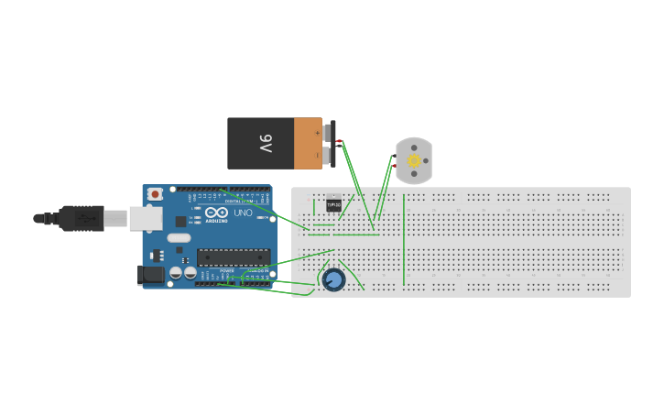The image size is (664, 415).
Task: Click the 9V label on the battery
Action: pyautogui.click(x=266, y=144)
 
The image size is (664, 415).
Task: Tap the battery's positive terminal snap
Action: pyautogui.click(x=326, y=133)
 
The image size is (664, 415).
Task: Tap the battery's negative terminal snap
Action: pyautogui.click(x=326, y=155)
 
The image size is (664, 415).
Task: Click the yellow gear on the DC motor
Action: pyautogui.click(x=414, y=161)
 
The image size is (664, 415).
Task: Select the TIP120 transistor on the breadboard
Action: pyautogui.click(x=333, y=205)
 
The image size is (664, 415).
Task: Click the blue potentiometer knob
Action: pyautogui.click(x=333, y=279)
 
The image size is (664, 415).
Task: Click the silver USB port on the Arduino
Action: pyautogui.click(x=145, y=218)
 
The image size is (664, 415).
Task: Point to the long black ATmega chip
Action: pyautogui.click(x=234, y=257)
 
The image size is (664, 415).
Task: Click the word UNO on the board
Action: pyautogui.click(x=243, y=213)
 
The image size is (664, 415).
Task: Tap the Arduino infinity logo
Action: pyautogui.click(x=217, y=213)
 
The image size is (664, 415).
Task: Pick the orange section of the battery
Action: pyautogui.click(x=308, y=144)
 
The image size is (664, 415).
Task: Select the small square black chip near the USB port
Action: pyautogui.click(x=180, y=222)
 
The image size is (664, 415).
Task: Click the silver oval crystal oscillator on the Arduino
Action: pyautogui.click(x=179, y=237)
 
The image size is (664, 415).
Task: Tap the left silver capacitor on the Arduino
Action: pyautogui.click(x=175, y=272)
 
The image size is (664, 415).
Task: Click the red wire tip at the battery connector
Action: pyautogui.click(x=340, y=141)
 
